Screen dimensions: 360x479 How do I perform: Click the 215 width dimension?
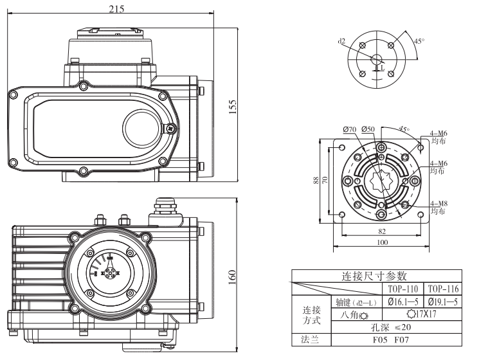(x=116, y=8)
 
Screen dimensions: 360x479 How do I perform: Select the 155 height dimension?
(x=233, y=105)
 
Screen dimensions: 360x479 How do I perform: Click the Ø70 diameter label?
(x=350, y=129)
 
